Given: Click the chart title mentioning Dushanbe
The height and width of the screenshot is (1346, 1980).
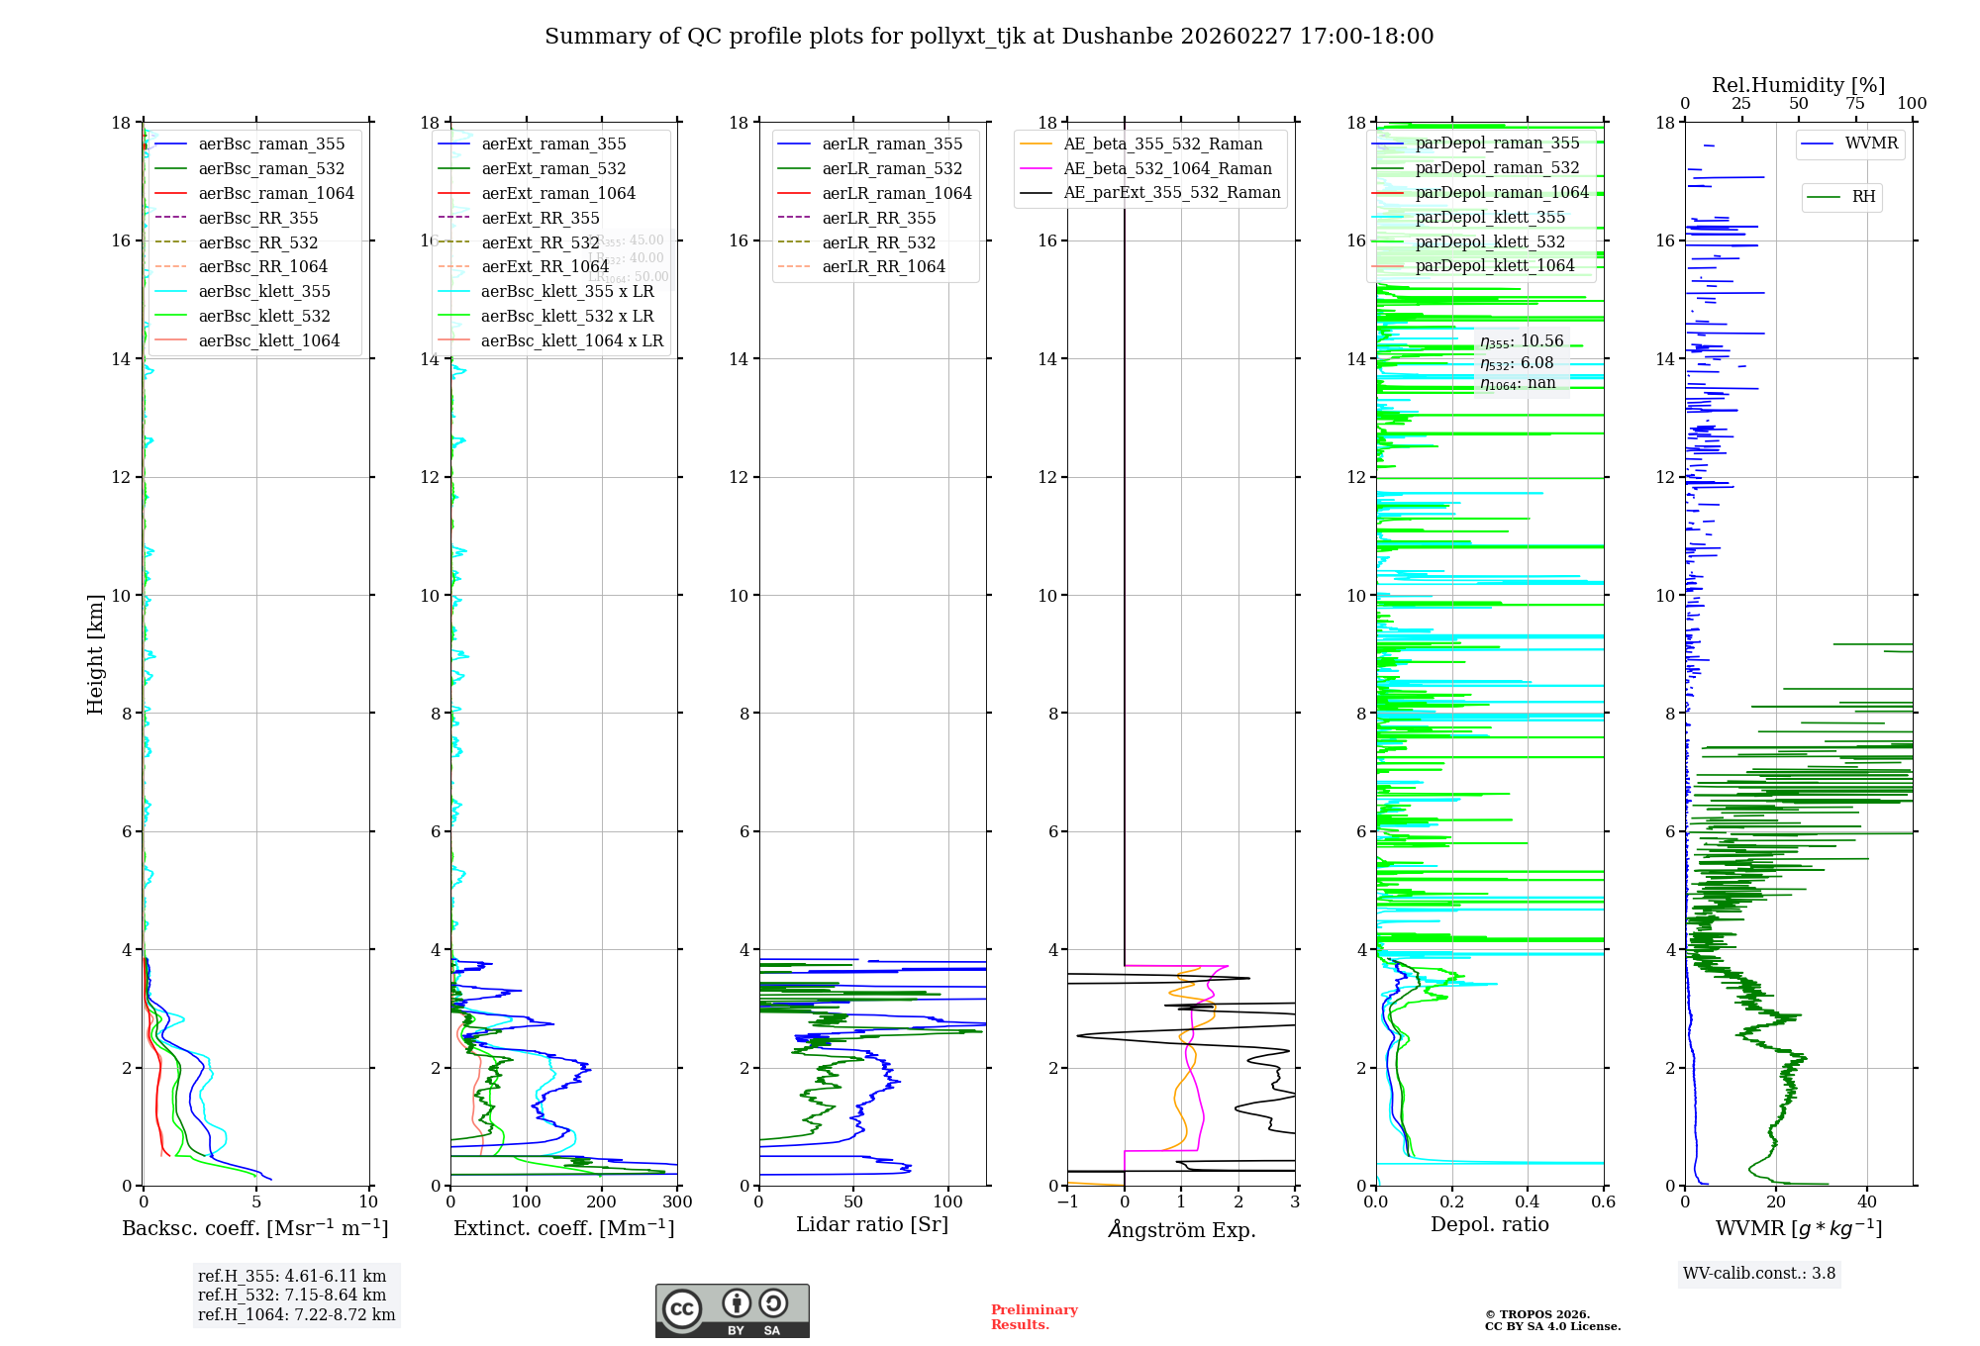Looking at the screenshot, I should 989,37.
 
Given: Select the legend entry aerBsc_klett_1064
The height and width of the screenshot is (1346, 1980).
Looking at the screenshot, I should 268,340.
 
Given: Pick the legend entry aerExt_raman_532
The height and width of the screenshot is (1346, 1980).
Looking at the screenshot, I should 553,168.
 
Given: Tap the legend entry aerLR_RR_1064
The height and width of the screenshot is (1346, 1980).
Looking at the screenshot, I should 883,266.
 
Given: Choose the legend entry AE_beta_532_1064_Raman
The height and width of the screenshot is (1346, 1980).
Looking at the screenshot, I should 1167,168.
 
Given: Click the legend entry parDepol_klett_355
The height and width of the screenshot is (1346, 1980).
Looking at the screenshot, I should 1490,217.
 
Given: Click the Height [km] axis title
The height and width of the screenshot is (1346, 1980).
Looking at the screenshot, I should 95,654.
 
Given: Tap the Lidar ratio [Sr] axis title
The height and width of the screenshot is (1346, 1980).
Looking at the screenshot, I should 872,1225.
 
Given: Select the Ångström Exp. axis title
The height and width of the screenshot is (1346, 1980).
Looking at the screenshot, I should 1182,1230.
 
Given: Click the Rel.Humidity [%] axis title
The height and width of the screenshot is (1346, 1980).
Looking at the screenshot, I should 1798,85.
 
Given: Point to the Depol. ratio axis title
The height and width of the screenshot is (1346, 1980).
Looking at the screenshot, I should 1490,1225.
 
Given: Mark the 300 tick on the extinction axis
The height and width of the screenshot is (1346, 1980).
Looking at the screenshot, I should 677,1202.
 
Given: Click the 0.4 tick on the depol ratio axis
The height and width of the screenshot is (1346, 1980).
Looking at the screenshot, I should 1528,1202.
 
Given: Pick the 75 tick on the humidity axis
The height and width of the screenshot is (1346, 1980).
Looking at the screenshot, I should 1855,104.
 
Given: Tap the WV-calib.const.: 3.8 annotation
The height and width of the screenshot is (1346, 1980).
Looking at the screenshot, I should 1759,1274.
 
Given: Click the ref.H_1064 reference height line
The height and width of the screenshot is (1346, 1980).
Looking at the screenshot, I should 296,1315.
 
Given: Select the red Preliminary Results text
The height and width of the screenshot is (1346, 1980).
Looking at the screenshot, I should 1034,1317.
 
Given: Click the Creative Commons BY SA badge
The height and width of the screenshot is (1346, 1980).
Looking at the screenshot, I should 732,1311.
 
